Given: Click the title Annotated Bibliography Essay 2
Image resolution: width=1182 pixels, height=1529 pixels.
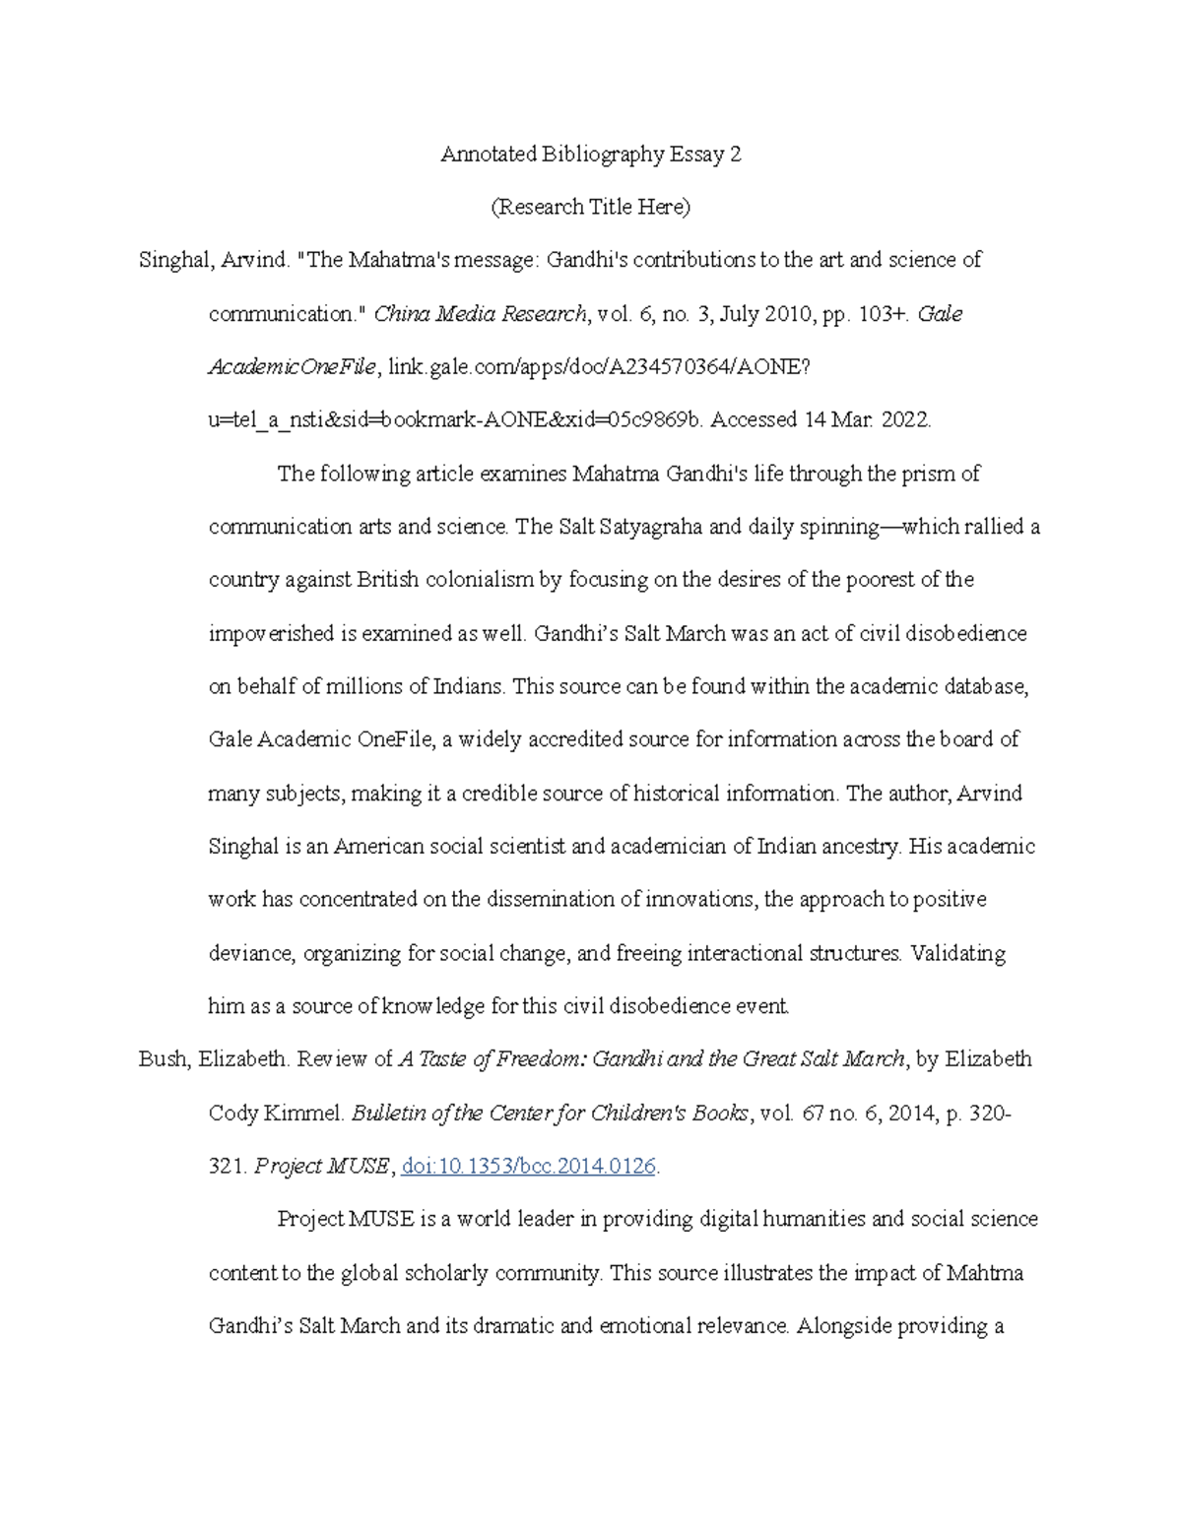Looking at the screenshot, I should (x=590, y=155).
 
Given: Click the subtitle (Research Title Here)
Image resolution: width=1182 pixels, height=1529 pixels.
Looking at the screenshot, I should (x=590, y=208).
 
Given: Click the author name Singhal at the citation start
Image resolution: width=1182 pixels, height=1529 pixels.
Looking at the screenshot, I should (x=174, y=261).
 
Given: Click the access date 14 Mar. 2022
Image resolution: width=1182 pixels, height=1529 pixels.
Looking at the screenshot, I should (x=866, y=420).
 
